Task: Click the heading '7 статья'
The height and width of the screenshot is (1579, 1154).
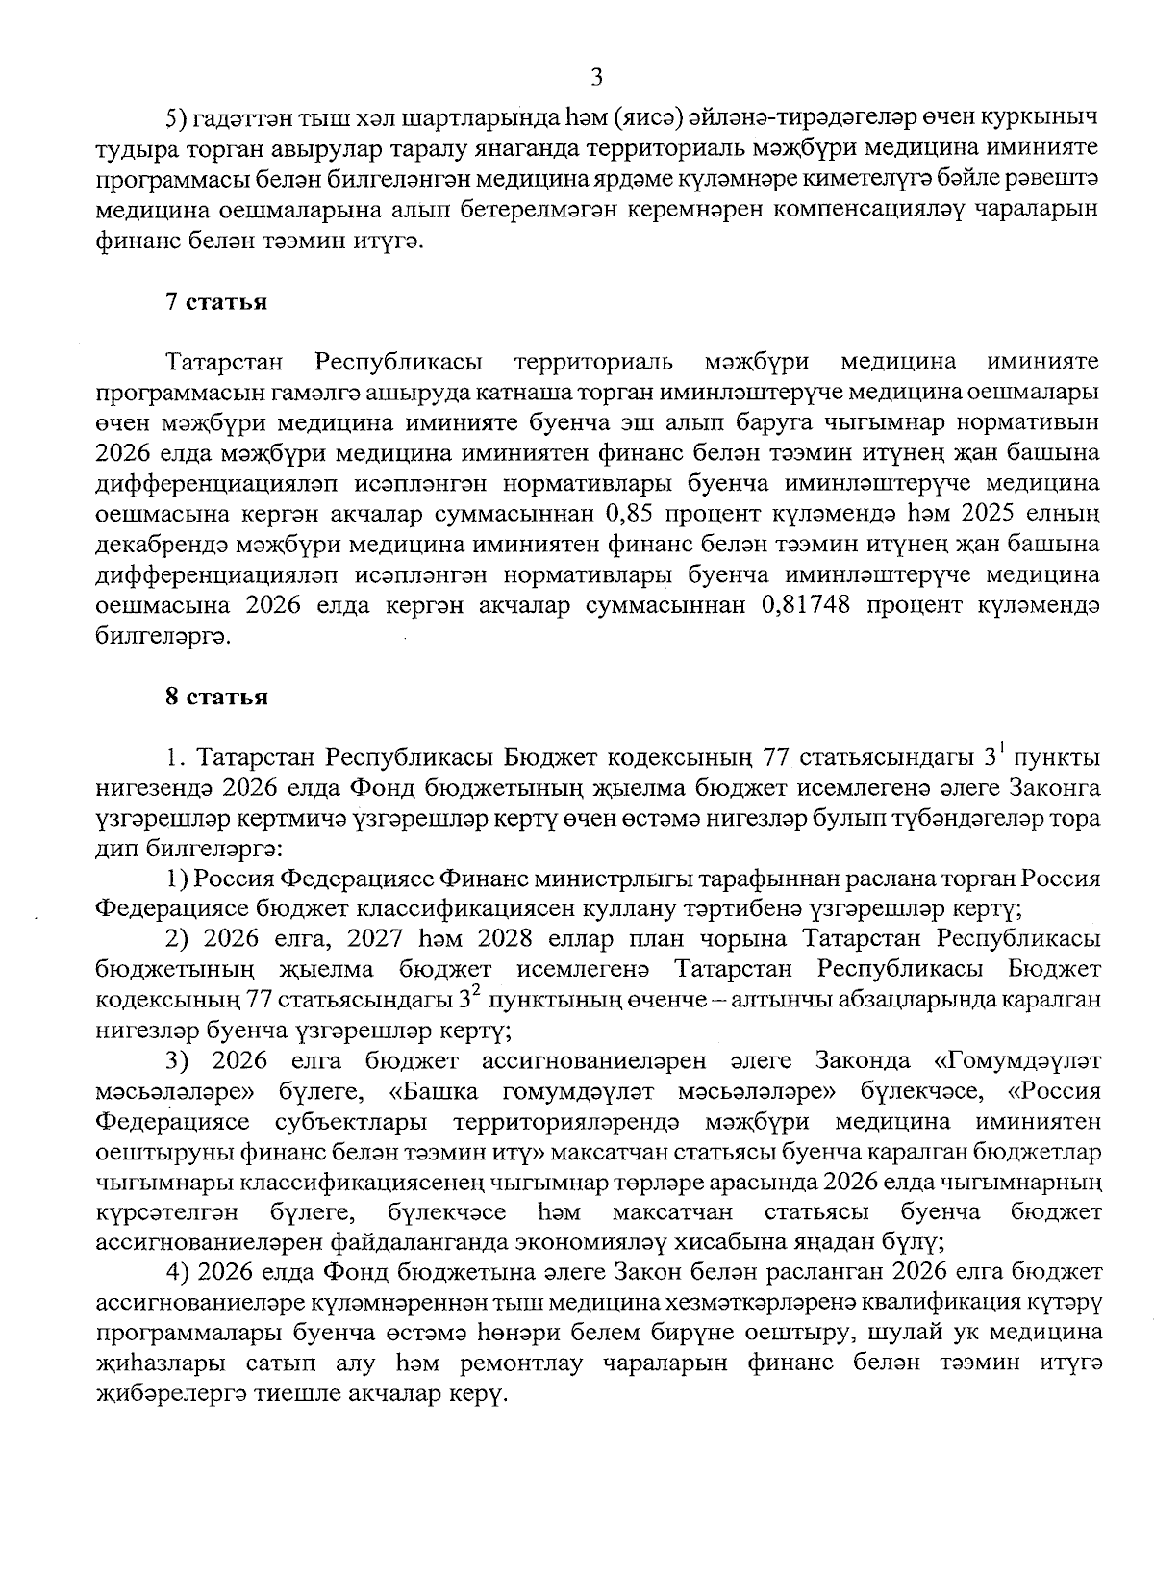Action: [x=215, y=302]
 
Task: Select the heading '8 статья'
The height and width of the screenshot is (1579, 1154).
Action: [x=215, y=698]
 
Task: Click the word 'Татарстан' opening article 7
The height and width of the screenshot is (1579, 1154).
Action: [x=225, y=362]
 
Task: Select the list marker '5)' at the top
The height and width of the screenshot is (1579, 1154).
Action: [x=176, y=119]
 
